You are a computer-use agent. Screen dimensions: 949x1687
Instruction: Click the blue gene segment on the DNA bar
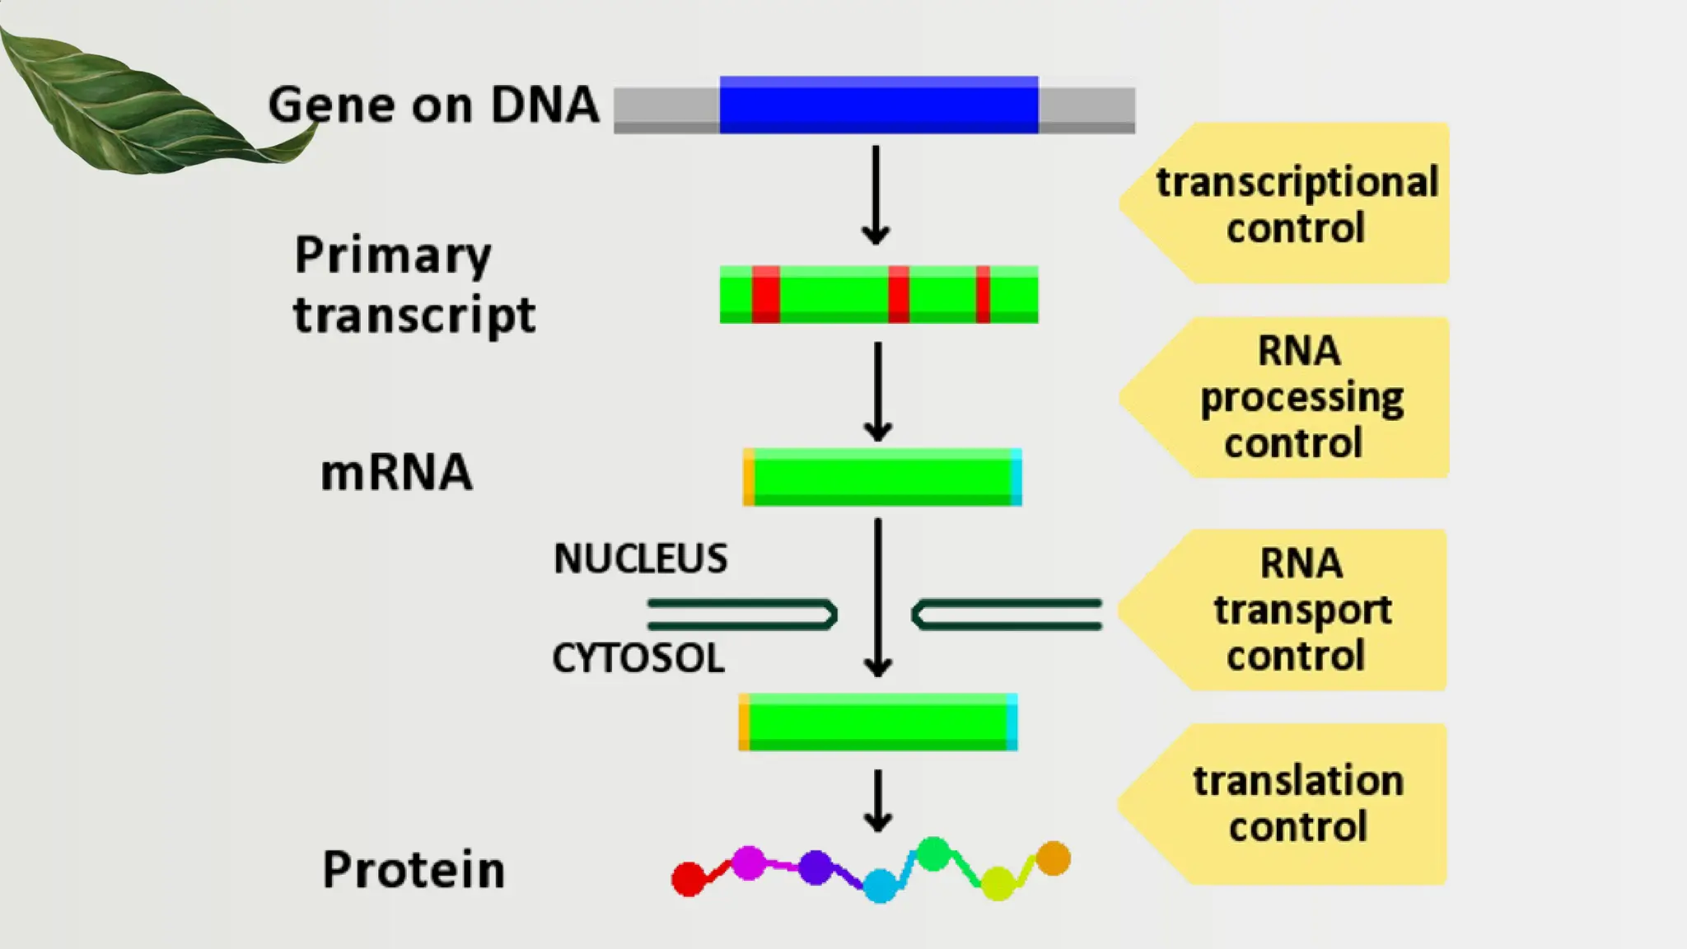878,105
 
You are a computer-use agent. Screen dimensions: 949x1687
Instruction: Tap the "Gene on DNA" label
433,105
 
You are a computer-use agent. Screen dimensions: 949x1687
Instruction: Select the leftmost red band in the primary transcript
765,294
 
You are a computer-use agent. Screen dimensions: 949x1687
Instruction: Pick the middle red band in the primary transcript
899,294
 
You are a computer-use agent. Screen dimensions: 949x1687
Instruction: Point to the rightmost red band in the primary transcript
983,294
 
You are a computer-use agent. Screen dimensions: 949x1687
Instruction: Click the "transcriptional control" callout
1296,204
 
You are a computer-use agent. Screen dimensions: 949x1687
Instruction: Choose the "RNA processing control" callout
1300,397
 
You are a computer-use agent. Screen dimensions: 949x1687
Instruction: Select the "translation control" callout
1297,803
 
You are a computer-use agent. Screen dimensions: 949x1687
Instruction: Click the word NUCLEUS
640,559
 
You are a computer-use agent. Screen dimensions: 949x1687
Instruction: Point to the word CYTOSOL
638,658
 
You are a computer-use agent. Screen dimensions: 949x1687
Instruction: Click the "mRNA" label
396,473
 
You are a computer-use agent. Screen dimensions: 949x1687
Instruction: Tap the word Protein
414,869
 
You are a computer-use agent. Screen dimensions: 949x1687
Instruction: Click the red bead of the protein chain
689,879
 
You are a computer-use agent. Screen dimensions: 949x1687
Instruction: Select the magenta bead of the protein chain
749,863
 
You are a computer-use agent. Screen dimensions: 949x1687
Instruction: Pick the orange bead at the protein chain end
1053,858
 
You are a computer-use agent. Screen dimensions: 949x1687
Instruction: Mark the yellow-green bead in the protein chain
998,883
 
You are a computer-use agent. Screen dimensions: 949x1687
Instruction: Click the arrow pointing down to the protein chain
878,801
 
